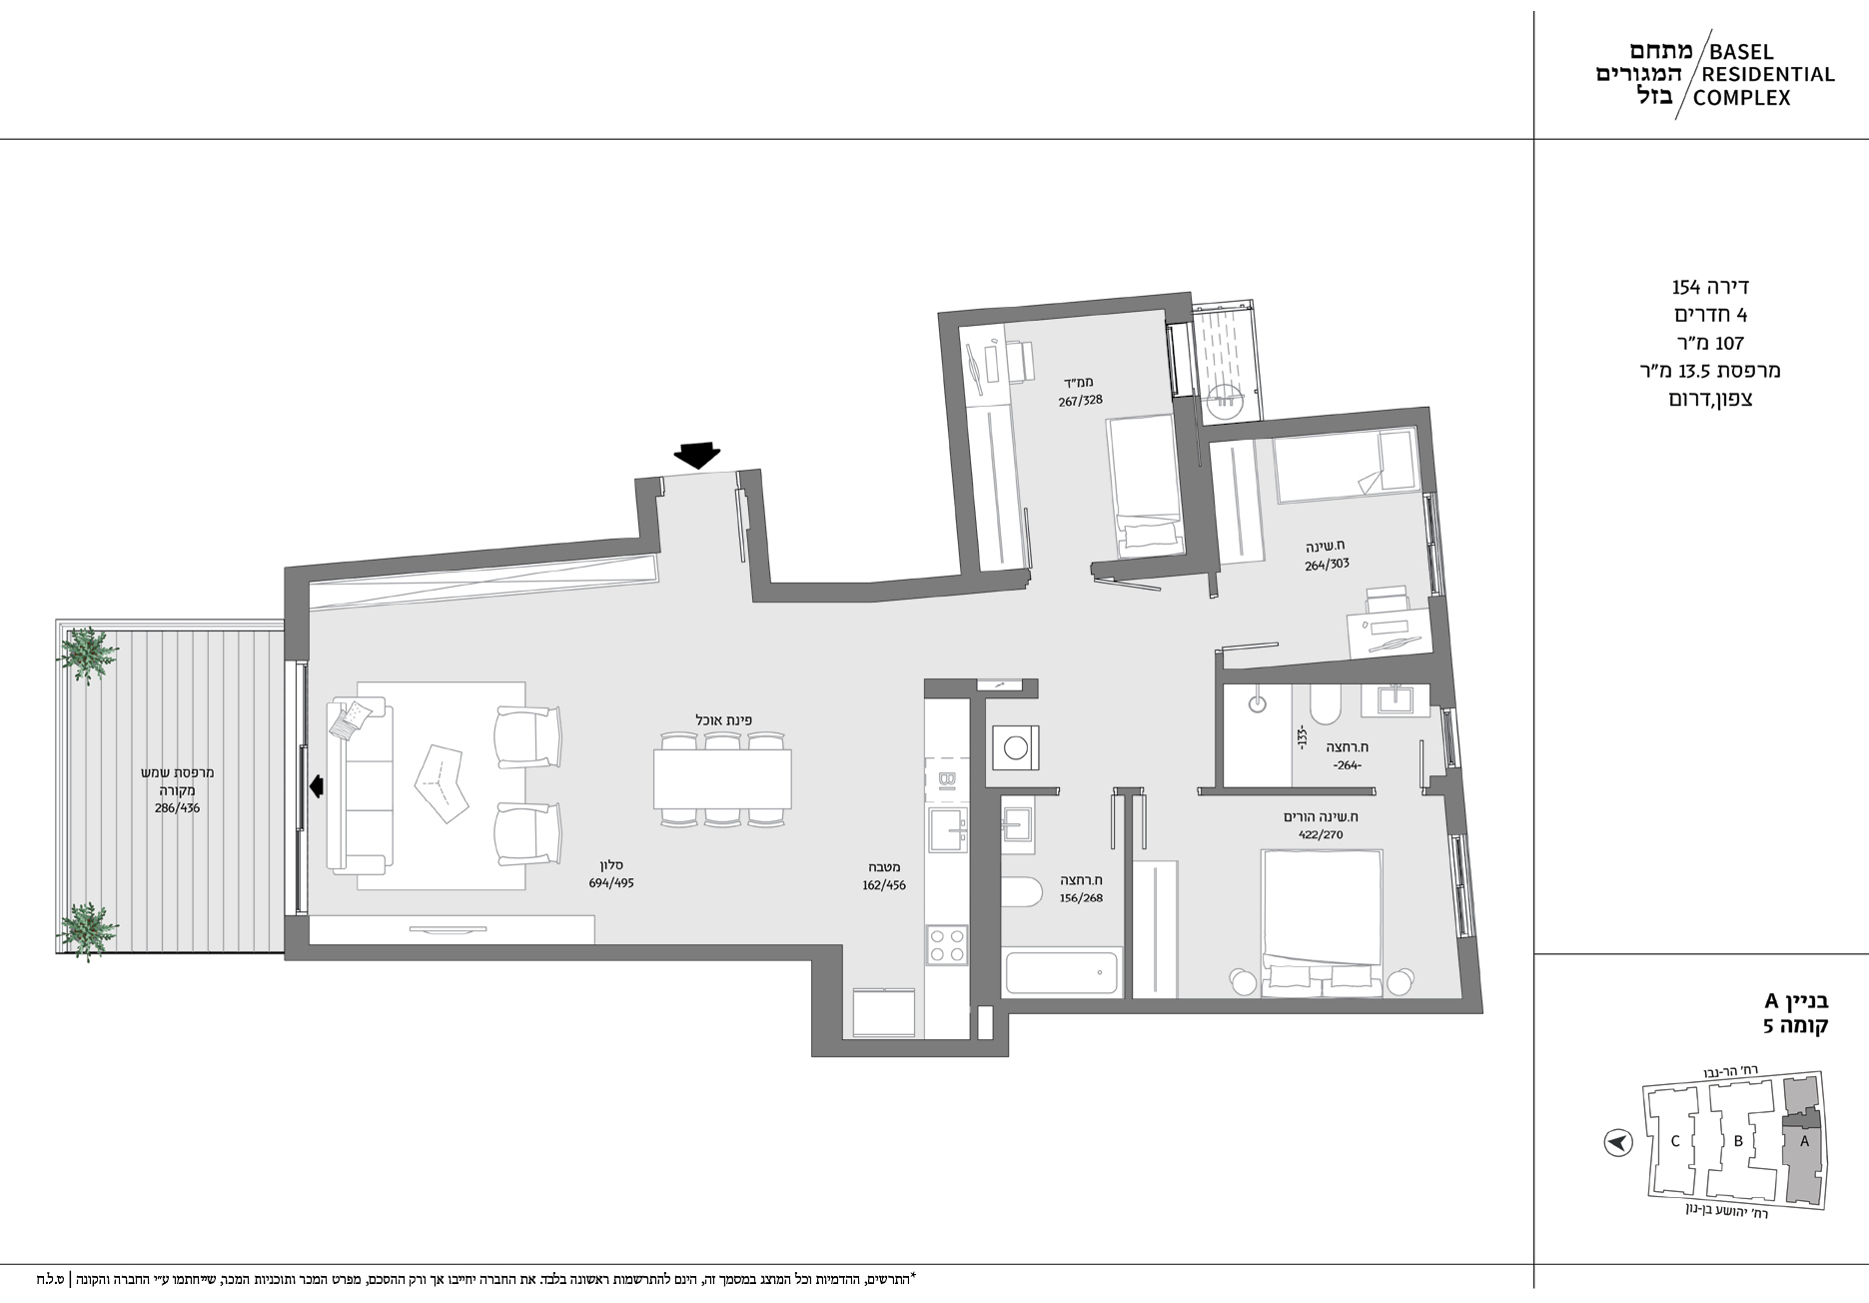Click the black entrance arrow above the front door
click(697, 456)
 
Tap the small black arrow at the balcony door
click(317, 786)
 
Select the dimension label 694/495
click(611, 883)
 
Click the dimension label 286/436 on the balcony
click(177, 807)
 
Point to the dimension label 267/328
click(1081, 402)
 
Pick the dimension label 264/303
click(1327, 565)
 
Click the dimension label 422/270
click(1321, 834)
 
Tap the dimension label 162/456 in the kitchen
click(883, 885)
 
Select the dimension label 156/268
click(1081, 898)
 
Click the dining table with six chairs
click(722, 779)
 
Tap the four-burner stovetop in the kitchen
click(947, 944)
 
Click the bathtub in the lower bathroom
click(1062, 973)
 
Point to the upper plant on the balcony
click(88, 654)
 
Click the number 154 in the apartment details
click(1686, 288)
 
